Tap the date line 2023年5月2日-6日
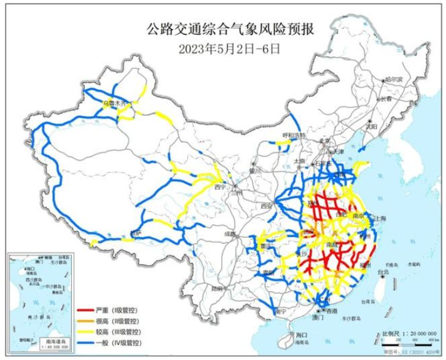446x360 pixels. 224,45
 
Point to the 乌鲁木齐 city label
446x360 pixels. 114,104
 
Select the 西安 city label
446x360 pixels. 266,206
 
